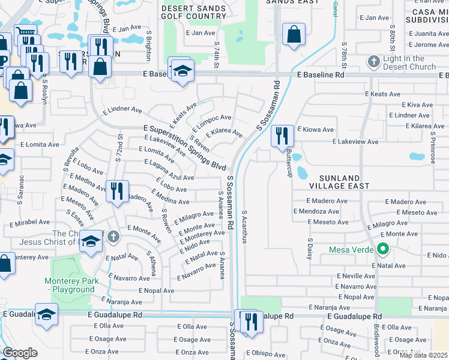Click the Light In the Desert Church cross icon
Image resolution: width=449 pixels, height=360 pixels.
(374, 62)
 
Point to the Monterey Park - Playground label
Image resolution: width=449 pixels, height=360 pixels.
(69, 285)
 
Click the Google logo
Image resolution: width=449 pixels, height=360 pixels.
(20, 353)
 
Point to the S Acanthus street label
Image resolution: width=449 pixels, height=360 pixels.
(244, 227)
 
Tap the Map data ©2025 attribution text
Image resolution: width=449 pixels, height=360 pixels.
(424, 355)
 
